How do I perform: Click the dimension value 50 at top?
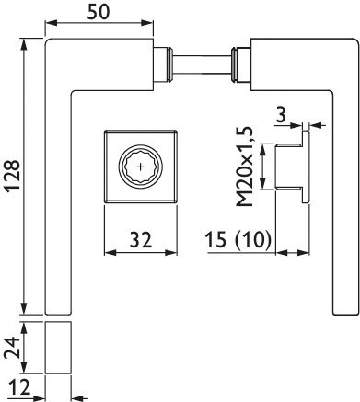pos(99,12)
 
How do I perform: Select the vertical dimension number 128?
pos(13,176)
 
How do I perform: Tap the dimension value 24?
pos(12,348)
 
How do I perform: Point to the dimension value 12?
pos(19,387)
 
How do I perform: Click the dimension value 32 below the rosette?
pos(141,240)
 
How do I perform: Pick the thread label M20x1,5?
pos(245,167)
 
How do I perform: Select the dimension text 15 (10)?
pos(238,239)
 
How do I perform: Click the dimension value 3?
pos(281,115)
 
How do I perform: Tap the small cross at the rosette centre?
pos(141,167)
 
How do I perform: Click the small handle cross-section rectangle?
pos(58,348)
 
